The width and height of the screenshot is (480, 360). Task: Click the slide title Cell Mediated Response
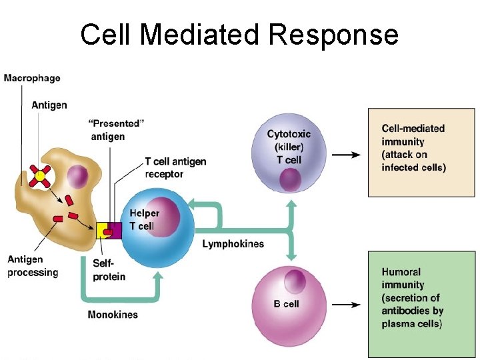pyautogui.click(x=239, y=35)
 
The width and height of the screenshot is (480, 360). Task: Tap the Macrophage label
pyautogui.click(x=32, y=78)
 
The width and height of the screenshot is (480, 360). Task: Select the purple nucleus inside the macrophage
pyautogui.click(x=77, y=177)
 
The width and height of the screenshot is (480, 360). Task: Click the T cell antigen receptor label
pyautogui.click(x=175, y=168)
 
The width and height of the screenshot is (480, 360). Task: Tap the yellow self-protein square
pyautogui.click(x=104, y=231)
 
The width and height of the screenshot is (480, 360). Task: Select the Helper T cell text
pyautogui.click(x=144, y=220)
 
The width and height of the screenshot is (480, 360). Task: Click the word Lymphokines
pyautogui.click(x=233, y=244)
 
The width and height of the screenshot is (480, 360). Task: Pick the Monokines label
pyautogui.click(x=113, y=314)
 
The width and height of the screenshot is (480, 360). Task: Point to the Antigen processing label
pyautogui.click(x=33, y=266)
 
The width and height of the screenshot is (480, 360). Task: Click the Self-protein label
pyautogui.click(x=109, y=270)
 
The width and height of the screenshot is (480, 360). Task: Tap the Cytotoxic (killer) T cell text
pyautogui.click(x=289, y=147)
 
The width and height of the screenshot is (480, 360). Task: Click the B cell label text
pyautogui.click(x=286, y=304)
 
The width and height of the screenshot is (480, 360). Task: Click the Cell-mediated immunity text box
pyautogui.click(x=423, y=152)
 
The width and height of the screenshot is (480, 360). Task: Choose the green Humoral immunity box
pyautogui.click(x=423, y=303)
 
